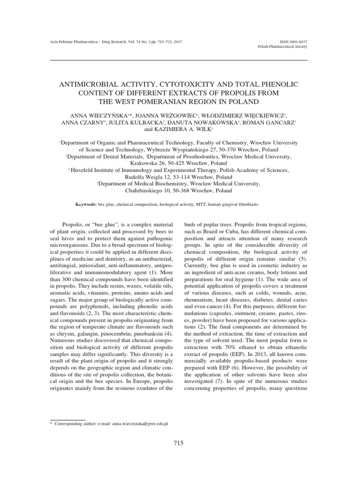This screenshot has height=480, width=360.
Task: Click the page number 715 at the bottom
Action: (179, 443)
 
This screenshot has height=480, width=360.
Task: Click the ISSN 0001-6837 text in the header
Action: (293, 42)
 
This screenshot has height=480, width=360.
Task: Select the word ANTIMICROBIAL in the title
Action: (90, 84)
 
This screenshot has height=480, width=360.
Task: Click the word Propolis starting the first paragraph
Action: (73, 225)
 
